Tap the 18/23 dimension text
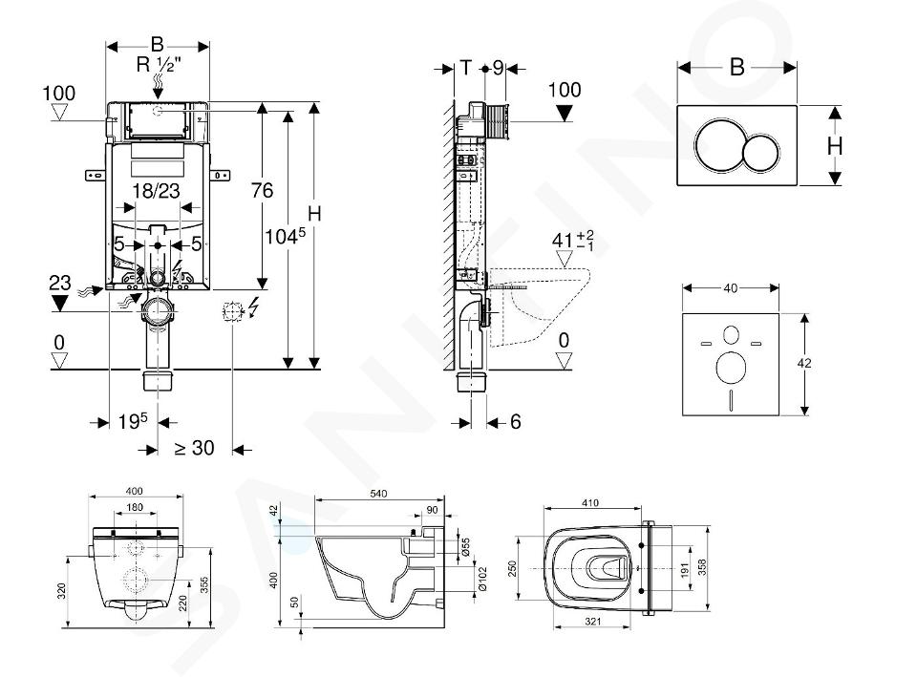click(x=157, y=191)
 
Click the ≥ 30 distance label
click(x=195, y=447)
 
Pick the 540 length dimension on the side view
click(x=379, y=494)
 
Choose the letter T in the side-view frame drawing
click(x=466, y=68)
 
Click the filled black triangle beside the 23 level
click(x=59, y=304)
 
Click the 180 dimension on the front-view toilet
click(x=134, y=507)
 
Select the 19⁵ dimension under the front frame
click(x=133, y=421)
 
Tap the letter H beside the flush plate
click(x=834, y=145)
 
